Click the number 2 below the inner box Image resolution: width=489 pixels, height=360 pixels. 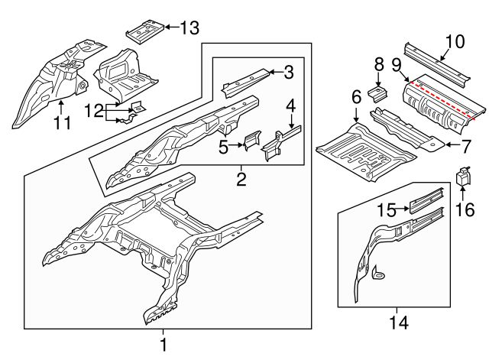[241, 180]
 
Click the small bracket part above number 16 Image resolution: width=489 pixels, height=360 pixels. [463, 176]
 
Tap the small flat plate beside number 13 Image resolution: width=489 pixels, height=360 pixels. [142, 30]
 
